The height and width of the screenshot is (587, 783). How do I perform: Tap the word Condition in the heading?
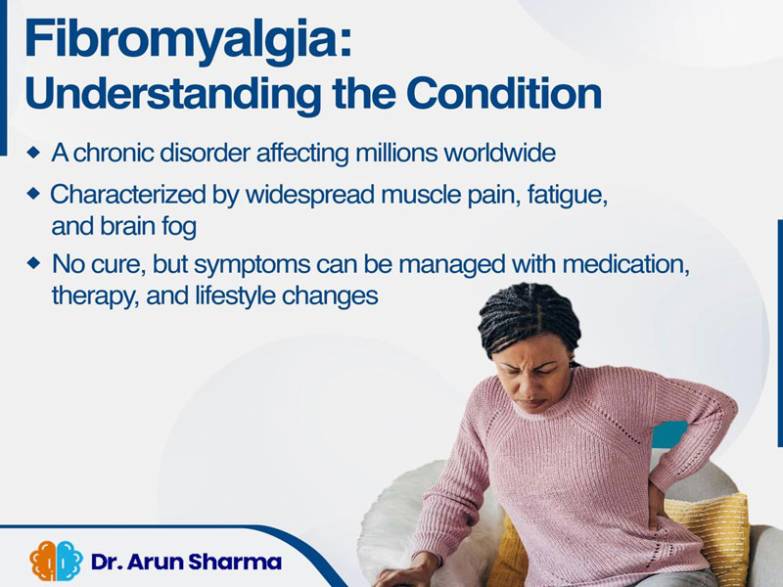tap(504, 93)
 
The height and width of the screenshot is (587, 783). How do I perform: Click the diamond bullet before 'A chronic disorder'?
tap(33, 153)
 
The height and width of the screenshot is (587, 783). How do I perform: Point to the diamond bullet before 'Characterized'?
tap(33, 194)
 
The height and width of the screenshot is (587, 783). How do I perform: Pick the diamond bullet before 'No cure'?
tap(33, 263)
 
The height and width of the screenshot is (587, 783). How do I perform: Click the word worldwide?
tap(500, 153)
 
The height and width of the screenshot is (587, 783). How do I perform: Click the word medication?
tap(626, 264)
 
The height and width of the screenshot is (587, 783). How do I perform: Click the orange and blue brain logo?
tap(56, 561)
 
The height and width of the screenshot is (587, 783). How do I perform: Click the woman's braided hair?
tap(530, 314)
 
